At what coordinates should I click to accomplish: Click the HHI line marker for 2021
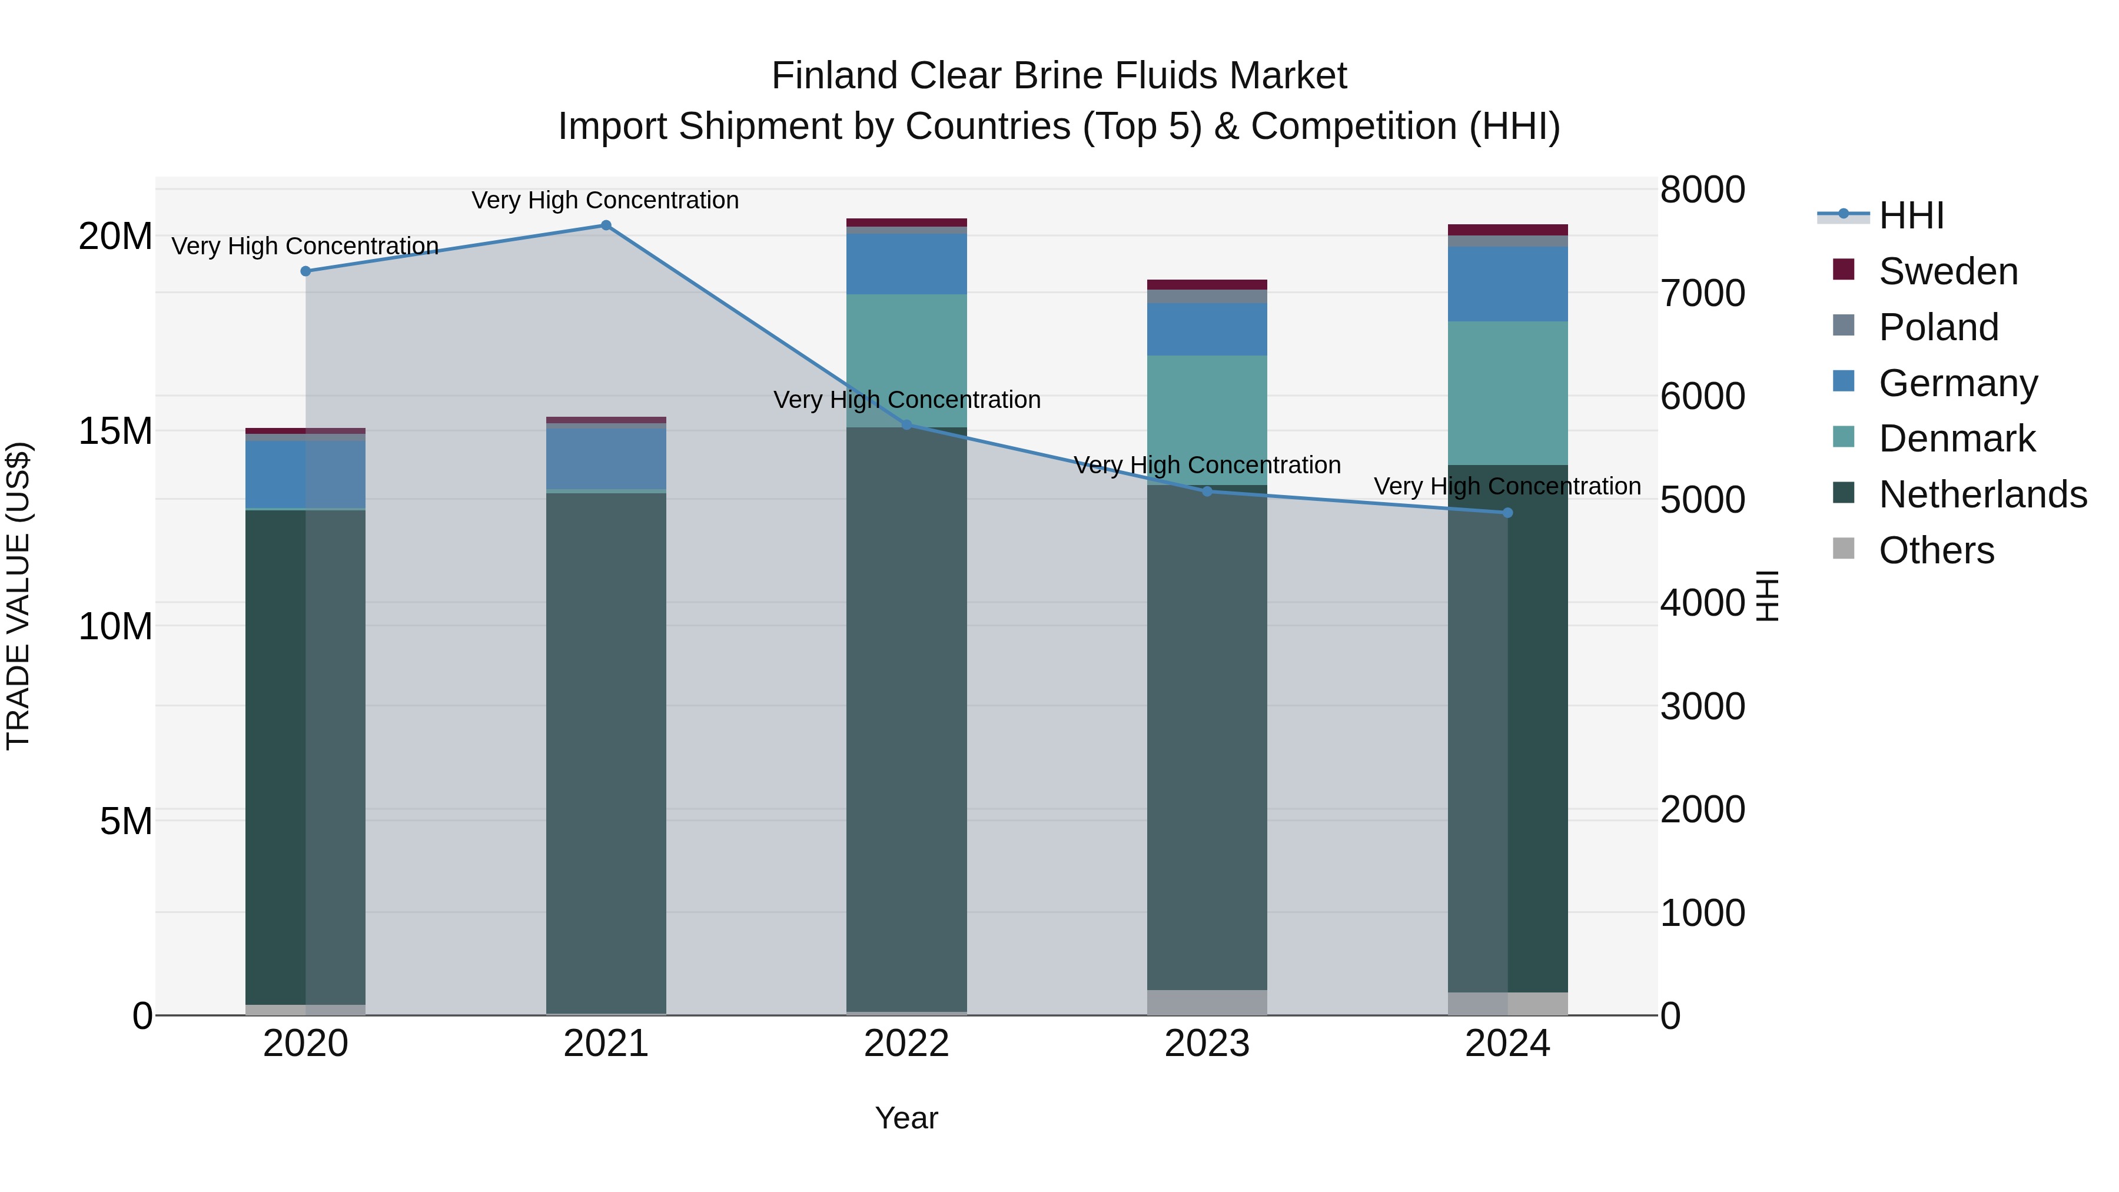(x=606, y=225)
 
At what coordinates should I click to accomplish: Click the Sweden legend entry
(x=1947, y=271)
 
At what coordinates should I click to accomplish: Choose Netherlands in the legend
(x=1982, y=494)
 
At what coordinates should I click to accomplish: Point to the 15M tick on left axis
(x=115, y=431)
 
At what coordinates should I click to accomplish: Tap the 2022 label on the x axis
(x=906, y=1044)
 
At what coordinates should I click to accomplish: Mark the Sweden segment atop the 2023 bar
(x=1206, y=285)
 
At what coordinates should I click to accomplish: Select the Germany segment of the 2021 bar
(x=606, y=458)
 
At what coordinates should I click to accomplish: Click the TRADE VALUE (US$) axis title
(x=18, y=596)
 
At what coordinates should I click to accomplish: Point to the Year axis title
(x=906, y=1118)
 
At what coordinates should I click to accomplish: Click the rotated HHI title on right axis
(x=1767, y=596)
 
